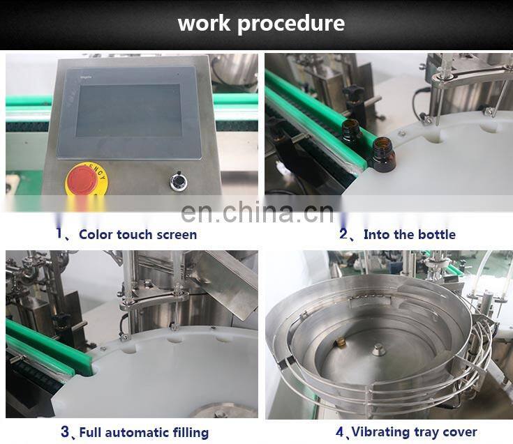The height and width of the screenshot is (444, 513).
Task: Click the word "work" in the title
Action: (x=204, y=23)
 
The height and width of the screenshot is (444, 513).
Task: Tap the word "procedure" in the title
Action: (x=291, y=24)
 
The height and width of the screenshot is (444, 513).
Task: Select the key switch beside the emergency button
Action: (x=179, y=181)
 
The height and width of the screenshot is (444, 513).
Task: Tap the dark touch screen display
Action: (x=128, y=110)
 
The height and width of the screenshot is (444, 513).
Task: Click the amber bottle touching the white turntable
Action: (x=382, y=155)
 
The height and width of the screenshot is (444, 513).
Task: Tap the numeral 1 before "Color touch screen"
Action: (x=59, y=234)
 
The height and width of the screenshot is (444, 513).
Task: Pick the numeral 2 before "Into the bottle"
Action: (x=343, y=234)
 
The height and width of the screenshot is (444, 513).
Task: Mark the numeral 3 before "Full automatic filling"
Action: (x=65, y=431)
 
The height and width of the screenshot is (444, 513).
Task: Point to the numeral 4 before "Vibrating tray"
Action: (x=340, y=431)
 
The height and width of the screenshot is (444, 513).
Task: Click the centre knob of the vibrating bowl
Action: (x=378, y=349)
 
